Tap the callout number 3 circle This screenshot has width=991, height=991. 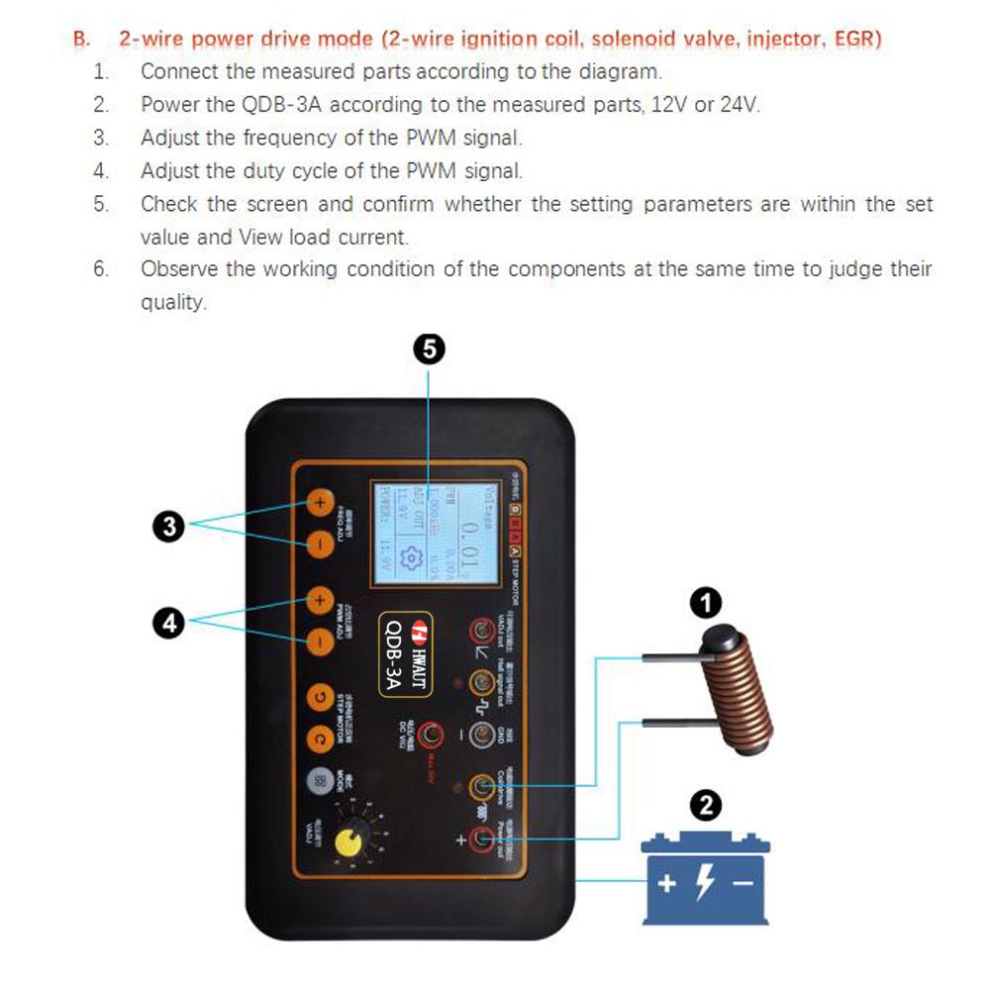pos(171,526)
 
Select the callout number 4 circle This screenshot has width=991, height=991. pos(171,623)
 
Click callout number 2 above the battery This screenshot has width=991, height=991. pos(705,806)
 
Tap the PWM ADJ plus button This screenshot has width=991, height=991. pos(319,599)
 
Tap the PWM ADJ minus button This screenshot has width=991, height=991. pos(319,641)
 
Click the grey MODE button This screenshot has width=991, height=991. pos(319,779)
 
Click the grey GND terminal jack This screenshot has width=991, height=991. pos(481,734)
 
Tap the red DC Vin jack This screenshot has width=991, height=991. pos(430,734)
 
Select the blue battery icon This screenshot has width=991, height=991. pos(705,880)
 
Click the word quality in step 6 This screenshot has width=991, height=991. pos(172,303)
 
